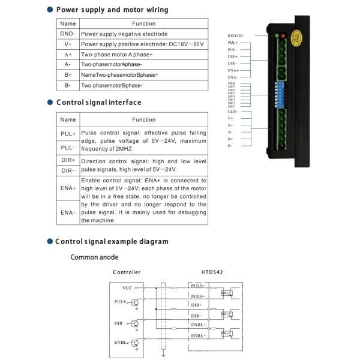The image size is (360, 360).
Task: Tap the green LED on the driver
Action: point(277,36)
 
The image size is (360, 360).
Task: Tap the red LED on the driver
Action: point(283,36)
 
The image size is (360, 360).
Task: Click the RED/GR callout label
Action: point(235,36)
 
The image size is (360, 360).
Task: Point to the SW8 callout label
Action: point(231,83)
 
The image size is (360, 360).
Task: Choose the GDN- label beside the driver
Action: point(233,112)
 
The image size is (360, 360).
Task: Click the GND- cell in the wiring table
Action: point(67,34)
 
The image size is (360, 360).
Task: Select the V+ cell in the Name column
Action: point(67,44)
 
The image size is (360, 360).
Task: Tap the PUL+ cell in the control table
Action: point(68,134)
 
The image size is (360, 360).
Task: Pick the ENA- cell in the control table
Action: point(68,212)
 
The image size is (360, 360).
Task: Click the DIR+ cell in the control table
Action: point(68,160)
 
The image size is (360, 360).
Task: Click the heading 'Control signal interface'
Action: point(98,103)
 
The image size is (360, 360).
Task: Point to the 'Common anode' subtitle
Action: point(94,257)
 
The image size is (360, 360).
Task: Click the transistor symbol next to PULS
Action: point(135,303)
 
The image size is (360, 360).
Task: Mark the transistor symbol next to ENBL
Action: point(135,344)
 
